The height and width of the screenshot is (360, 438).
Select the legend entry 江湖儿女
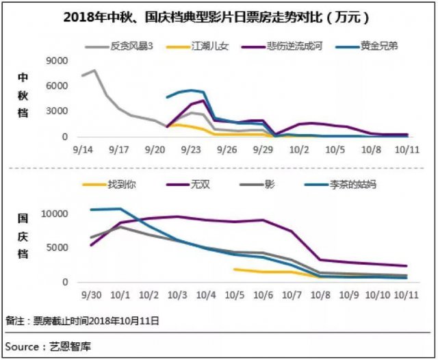tap(204, 47)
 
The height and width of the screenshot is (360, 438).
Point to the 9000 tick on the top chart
tap(56, 61)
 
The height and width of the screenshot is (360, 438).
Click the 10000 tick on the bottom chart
tap(54, 214)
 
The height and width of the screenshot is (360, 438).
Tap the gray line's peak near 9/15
tap(94, 70)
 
